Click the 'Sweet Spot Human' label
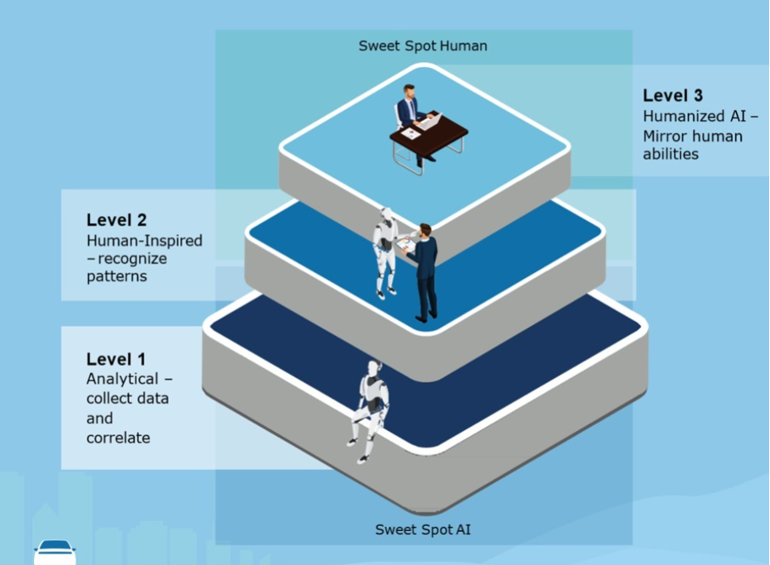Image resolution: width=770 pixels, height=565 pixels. tap(422, 45)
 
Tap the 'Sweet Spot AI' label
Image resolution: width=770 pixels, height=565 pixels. tap(422, 529)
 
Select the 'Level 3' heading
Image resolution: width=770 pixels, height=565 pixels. tap(672, 96)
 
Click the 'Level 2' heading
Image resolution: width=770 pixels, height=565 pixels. tap(116, 221)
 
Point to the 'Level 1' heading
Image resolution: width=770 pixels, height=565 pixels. tap(116, 360)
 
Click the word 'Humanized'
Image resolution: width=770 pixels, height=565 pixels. tap(682, 116)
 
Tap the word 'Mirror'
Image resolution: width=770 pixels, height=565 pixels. tap(667, 136)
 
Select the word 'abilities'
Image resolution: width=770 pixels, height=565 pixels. tap(671, 154)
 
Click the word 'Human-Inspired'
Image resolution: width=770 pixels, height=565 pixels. tap(144, 241)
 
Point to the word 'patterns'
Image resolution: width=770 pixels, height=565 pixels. tap(116, 277)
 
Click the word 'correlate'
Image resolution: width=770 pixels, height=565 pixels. tap(118, 438)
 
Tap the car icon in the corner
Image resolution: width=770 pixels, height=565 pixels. tap(55, 551)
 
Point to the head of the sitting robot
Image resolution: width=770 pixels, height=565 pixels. tap(372, 368)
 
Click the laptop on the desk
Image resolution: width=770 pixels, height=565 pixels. tap(430, 121)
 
